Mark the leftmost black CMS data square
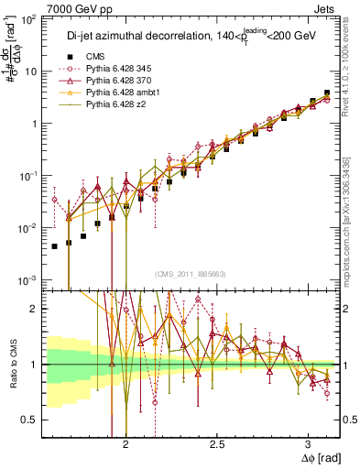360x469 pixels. (55, 245)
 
